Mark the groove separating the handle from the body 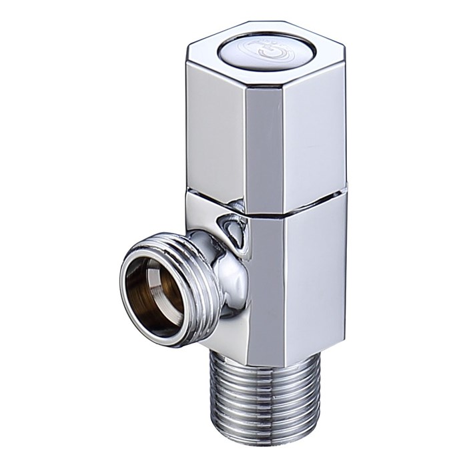pos(267,203)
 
